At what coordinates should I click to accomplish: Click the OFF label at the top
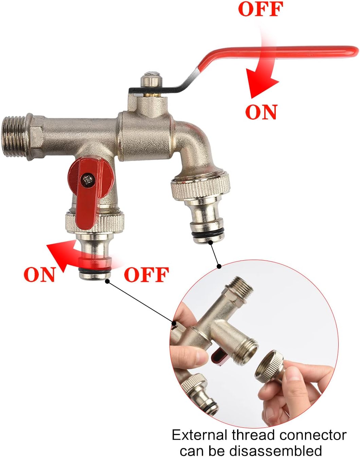coord(260,9)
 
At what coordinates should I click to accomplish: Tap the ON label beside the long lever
coord(261,112)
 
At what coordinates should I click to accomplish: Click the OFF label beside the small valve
coord(146,275)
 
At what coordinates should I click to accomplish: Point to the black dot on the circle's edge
coord(219,266)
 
